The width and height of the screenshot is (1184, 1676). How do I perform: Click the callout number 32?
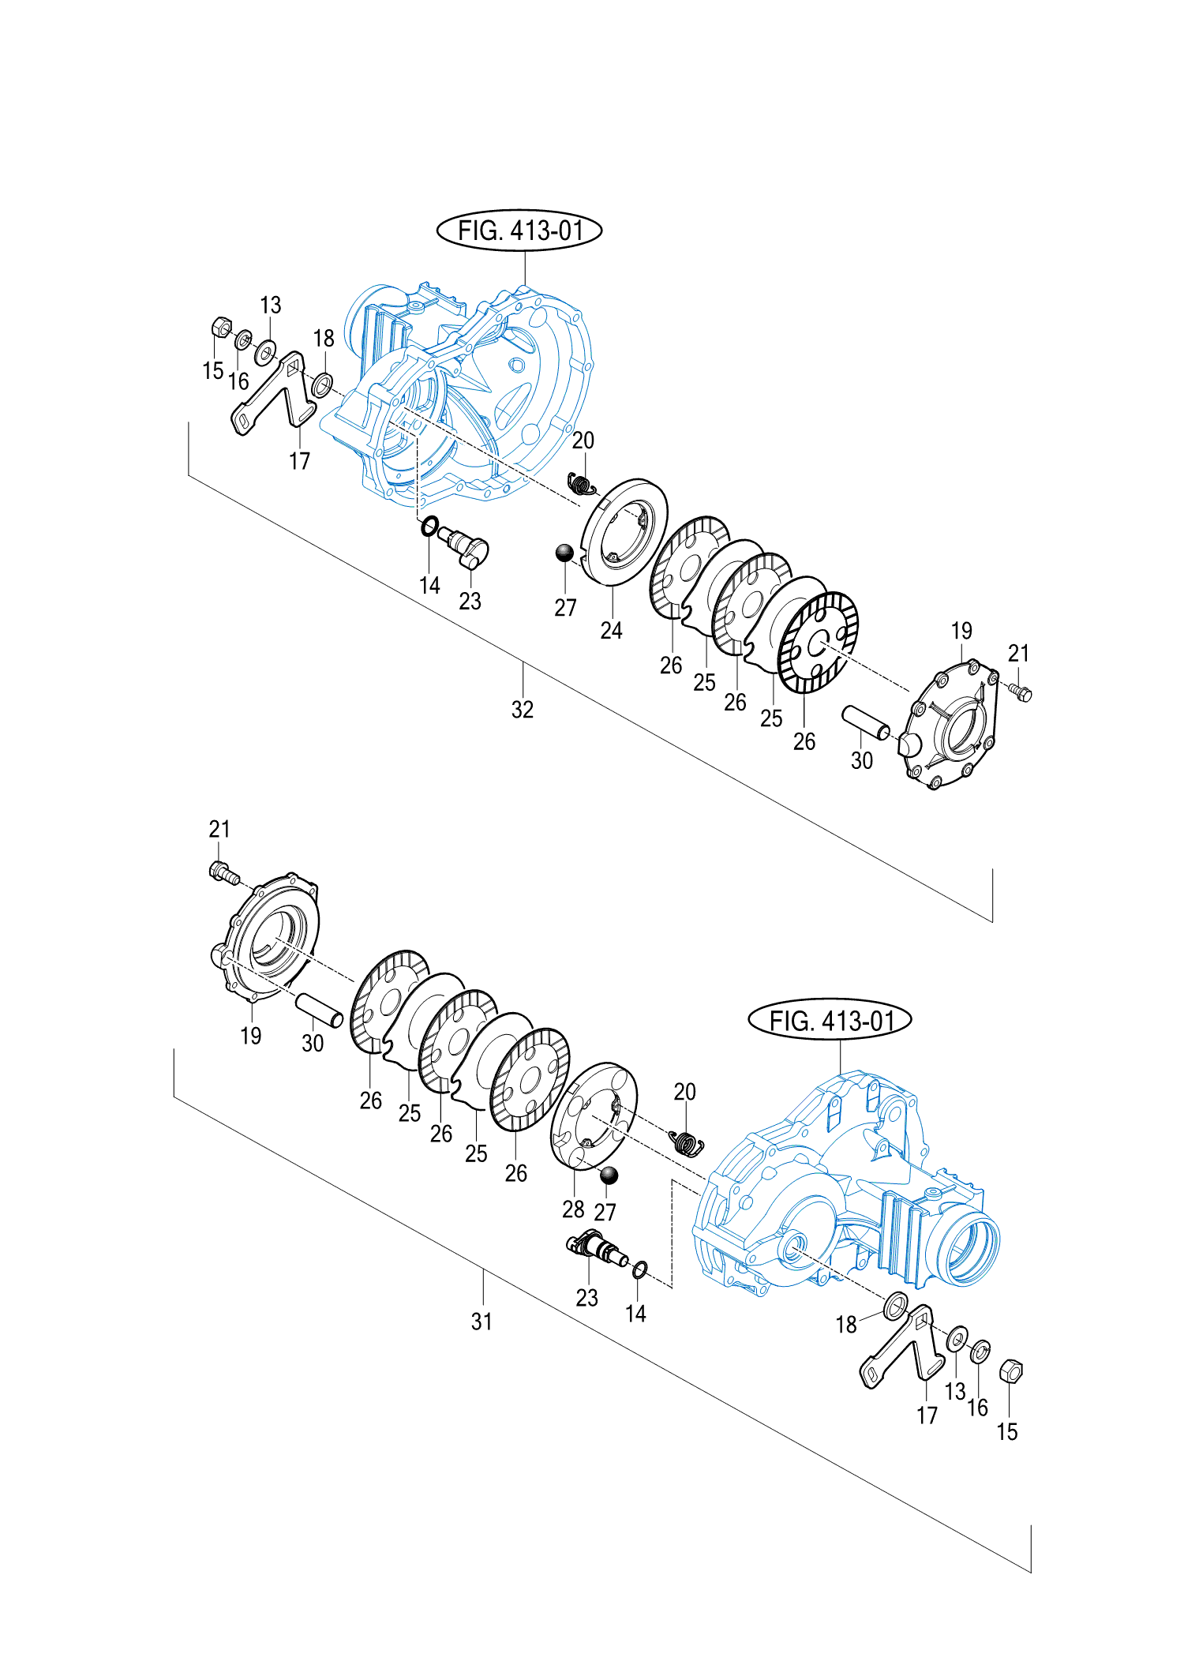[523, 709]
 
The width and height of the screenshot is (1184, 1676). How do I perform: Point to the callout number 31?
[482, 1322]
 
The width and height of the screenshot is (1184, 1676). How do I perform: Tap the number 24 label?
[612, 630]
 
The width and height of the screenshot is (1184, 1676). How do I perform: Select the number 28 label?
[574, 1209]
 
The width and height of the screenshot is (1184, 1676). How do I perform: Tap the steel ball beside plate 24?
[564, 553]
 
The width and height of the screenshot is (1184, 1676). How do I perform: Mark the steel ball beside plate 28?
[609, 1176]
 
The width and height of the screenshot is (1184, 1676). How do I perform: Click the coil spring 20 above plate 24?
[582, 482]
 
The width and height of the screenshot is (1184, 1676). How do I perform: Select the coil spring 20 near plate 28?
[686, 1142]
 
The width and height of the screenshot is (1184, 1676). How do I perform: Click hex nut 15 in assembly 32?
[221, 326]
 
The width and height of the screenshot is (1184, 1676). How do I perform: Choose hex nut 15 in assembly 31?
[1010, 1370]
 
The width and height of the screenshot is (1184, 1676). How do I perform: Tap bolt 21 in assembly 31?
[223, 872]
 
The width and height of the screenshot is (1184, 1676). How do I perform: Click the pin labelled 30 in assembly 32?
[865, 722]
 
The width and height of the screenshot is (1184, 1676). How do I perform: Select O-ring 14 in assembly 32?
[429, 526]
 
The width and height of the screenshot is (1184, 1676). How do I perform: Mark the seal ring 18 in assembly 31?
[895, 1307]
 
